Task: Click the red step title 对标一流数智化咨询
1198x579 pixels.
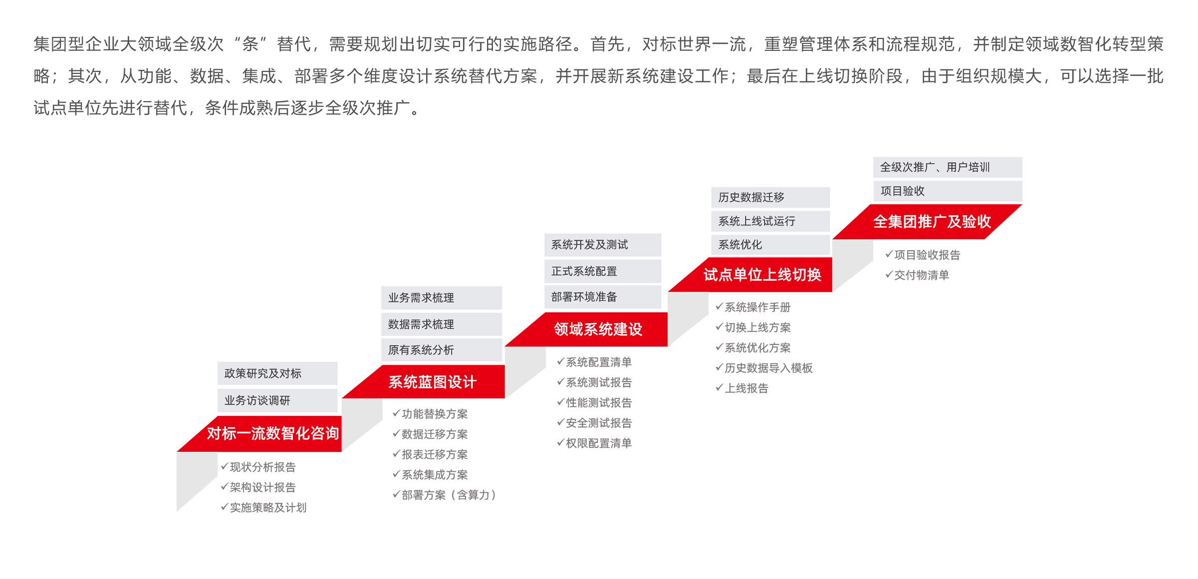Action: coord(272,433)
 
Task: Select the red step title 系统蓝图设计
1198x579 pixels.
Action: coord(432,382)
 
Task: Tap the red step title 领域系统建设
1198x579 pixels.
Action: coord(598,329)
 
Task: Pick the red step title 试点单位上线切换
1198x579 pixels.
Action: coord(762,274)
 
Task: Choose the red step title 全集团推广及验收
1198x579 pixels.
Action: coord(932,221)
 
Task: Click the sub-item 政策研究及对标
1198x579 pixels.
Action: coord(262,374)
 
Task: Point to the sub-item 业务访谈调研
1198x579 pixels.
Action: coord(257,400)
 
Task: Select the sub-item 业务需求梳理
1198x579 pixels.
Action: coord(421,298)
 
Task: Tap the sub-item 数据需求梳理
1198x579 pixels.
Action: coord(421,324)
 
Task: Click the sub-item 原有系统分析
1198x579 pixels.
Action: coord(421,350)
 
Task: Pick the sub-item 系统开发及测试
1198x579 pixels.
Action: coord(589,245)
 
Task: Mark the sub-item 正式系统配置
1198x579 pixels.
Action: coord(584,271)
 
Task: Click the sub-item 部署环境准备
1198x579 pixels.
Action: coord(584,297)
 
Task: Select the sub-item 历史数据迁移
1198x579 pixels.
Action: coord(751,197)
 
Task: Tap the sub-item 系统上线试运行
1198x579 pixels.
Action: coord(756,221)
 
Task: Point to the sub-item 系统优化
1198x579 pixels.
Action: coord(740,245)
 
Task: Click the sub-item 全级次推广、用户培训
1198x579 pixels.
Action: coord(935,167)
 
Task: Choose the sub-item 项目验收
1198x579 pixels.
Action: coord(902,191)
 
